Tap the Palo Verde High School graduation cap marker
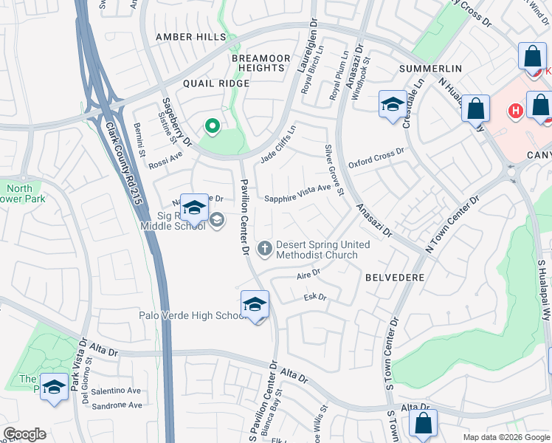(255, 305)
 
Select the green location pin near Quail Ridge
(213, 127)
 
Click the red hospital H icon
(516, 111)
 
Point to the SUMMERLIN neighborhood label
(430, 69)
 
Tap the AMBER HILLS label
(186, 37)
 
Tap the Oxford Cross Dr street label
(377, 157)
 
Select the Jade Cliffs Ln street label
(277, 145)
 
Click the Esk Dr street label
(315, 297)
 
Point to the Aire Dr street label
(308, 273)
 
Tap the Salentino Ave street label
(117, 391)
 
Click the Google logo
(24, 434)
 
